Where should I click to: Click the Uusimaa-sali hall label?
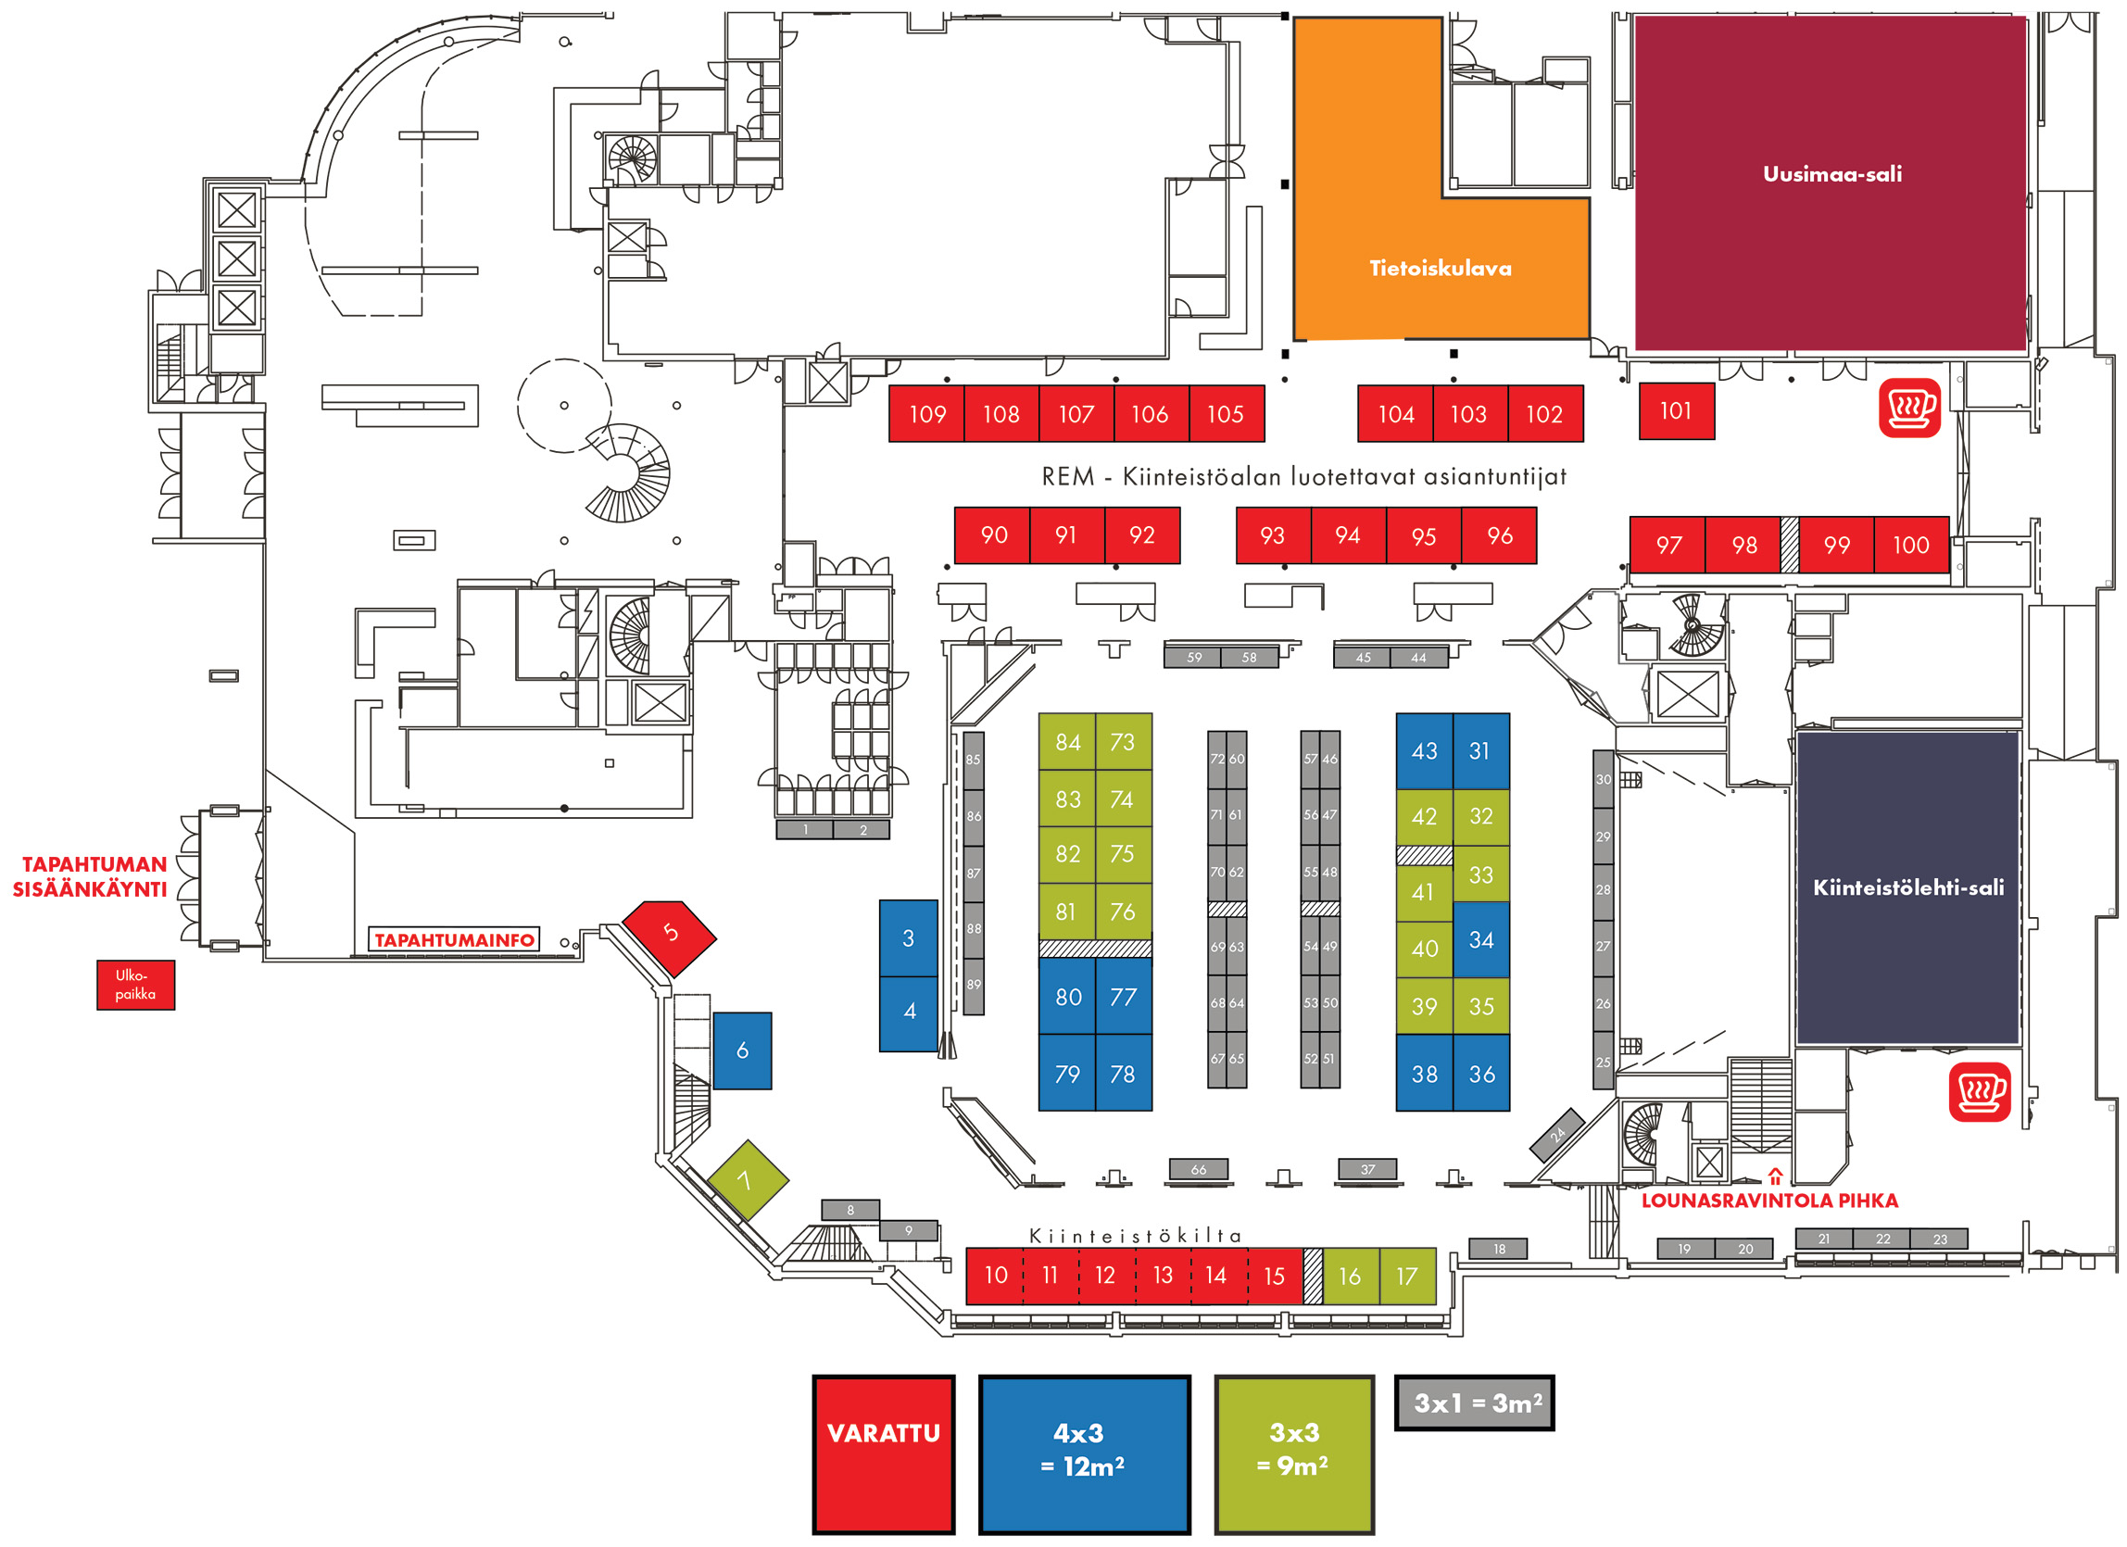tap(1831, 174)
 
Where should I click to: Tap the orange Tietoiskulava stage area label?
tap(1440, 269)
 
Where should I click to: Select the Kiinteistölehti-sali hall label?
tap(1907, 887)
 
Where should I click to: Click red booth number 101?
tap(1676, 411)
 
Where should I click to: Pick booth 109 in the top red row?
tap(926, 414)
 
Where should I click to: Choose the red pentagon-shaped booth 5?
tap(670, 935)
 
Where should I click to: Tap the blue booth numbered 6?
tap(742, 1051)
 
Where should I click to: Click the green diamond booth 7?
tap(747, 1180)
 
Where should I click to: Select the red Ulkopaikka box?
tap(135, 986)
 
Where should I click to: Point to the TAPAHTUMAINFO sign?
tap(454, 940)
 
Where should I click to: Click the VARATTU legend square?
tap(884, 1453)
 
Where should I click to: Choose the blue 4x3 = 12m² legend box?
tap(1084, 1453)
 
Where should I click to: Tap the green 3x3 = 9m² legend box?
tap(1293, 1453)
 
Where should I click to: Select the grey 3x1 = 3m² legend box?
tap(1473, 1403)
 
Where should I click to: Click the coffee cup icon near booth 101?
tap(1909, 408)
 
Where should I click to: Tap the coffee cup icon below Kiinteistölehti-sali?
tap(1980, 1092)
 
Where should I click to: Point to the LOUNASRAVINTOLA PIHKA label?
tap(1768, 1201)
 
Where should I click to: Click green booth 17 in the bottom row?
tap(1407, 1276)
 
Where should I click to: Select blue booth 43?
tap(1424, 752)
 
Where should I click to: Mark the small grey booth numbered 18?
tap(1499, 1249)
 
